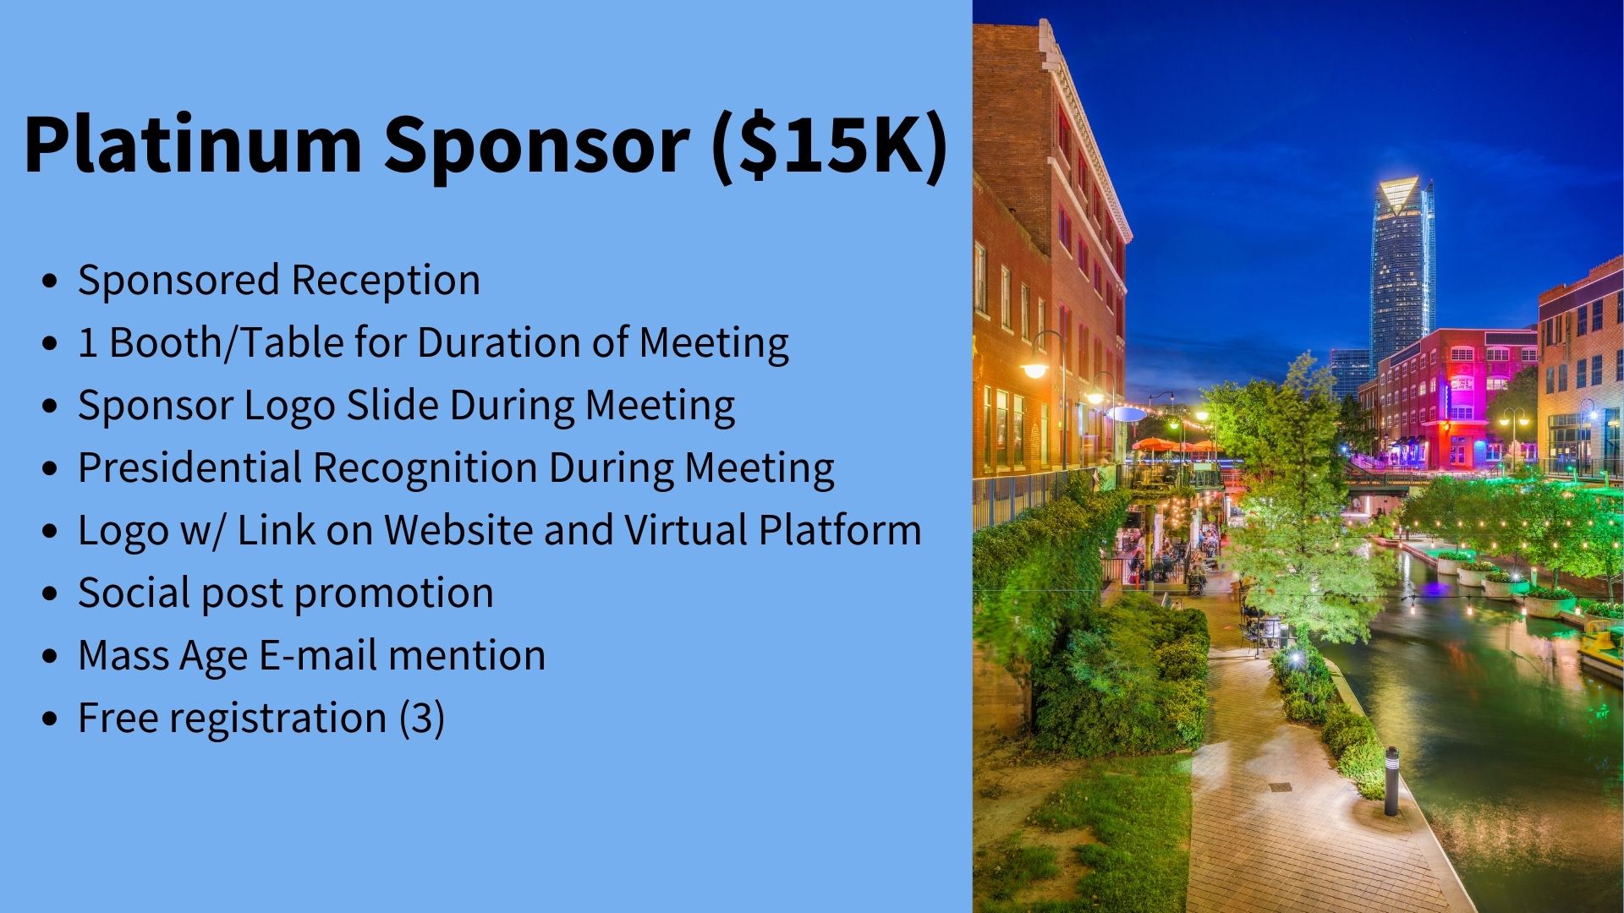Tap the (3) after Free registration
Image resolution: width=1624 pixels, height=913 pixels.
pyautogui.click(x=421, y=719)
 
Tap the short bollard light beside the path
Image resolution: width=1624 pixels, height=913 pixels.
pyautogui.click(x=1391, y=781)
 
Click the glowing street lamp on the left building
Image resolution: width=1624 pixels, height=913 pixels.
pyautogui.click(x=1034, y=370)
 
